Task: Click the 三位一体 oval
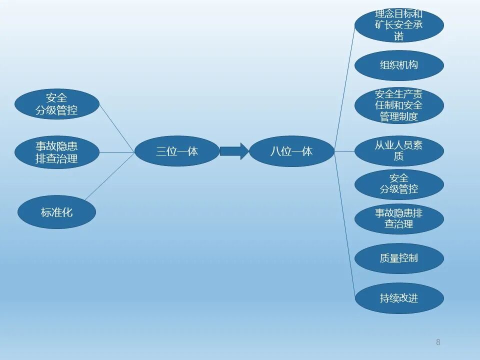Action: [177, 151]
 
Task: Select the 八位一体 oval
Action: [291, 151]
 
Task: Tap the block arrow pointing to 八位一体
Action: [234, 151]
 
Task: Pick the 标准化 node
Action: [56, 212]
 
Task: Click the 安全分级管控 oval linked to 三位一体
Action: [56, 104]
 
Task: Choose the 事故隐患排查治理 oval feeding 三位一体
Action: [56, 152]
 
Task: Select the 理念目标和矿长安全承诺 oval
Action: [399, 25]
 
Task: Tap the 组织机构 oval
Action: [399, 65]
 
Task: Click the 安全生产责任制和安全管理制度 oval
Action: [399, 105]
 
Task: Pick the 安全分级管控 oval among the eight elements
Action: [399, 184]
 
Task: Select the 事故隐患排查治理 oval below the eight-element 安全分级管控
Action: [399, 219]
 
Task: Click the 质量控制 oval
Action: [399, 258]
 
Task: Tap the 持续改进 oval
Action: [399, 298]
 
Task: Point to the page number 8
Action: [438, 342]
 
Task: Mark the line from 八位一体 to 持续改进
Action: [345, 225]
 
